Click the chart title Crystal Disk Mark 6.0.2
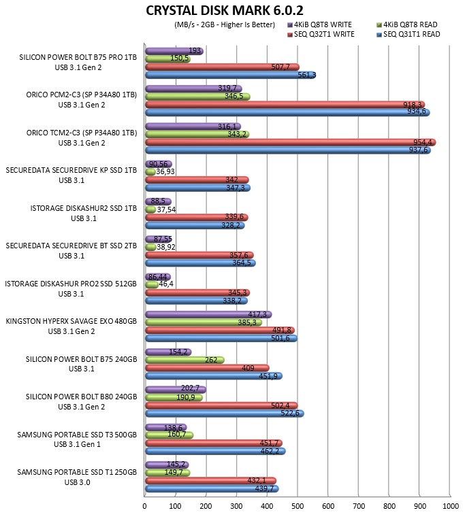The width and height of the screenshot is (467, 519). coord(225,11)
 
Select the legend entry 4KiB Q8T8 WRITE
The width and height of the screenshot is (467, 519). coord(319,24)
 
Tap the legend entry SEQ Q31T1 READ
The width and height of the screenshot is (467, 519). coord(408,35)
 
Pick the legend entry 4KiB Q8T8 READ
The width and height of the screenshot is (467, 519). coord(407,24)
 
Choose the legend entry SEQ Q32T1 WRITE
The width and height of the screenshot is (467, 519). coord(321,35)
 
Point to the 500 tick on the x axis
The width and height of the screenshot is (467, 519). coord(297,506)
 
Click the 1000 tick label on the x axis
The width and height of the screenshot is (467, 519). coord(451,506)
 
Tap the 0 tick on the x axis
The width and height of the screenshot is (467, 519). coord(144,506)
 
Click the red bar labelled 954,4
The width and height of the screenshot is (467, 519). coord(291,142)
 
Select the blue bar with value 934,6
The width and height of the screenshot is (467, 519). coord(287,112)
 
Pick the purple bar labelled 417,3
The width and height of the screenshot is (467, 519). coord(209,314)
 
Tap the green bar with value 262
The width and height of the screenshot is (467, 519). coord(184,360)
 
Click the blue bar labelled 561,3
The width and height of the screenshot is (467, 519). coord(231,75)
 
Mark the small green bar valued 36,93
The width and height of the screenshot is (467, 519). coord(150,172)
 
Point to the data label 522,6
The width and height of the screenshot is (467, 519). coord(290,414)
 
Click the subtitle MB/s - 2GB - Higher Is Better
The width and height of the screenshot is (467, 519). coord(225,24)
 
